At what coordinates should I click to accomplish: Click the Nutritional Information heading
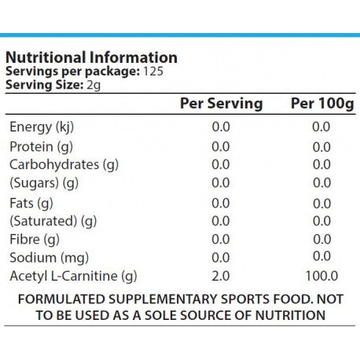(91, 57)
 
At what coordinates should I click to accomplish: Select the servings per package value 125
(153, 72)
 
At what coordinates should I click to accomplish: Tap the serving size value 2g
(94, 85)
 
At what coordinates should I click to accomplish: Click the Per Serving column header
(222, 104)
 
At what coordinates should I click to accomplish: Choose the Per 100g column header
(322, 104)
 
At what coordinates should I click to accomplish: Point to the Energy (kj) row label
(42, 127)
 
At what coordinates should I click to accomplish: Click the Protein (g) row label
(41, 147)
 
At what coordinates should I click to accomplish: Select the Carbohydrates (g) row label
(64, 165)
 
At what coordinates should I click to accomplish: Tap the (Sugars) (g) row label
(44, 183)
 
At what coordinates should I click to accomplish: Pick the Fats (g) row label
(31, 204)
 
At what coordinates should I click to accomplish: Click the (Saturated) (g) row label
(53, 221)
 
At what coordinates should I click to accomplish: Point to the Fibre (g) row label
(35, 240)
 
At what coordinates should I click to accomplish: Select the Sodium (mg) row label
(50, 258)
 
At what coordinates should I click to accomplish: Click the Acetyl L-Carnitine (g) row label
(73, 276)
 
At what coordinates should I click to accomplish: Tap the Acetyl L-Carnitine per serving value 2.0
(221, 276)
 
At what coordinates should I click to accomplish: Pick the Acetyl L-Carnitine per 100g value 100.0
(321, 276)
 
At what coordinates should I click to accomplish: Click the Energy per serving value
(221, 127)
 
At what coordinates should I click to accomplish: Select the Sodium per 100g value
(322, 256)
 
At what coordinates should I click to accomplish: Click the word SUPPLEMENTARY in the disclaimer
(163, 299)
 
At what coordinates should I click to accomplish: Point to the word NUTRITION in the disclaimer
(290, 315)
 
